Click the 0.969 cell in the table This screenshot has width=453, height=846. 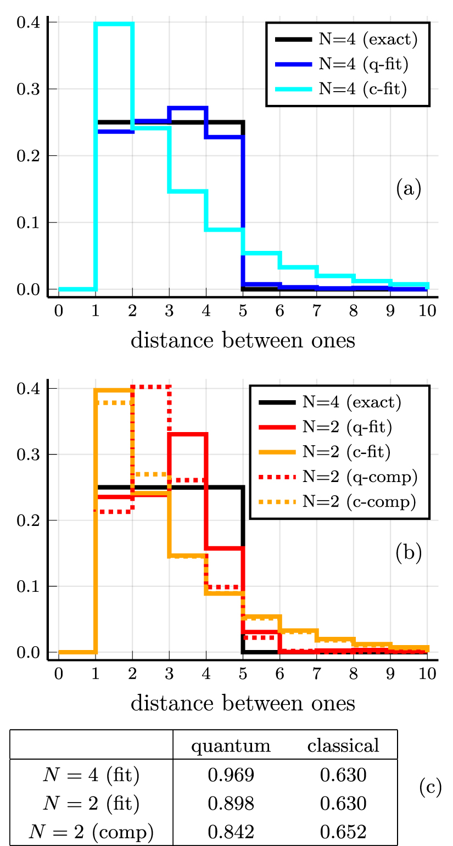[x=231, y=775]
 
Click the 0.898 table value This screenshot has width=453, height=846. [x=231, y=804]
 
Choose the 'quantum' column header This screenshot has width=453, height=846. [x=231, y=746]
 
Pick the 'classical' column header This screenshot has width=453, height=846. [x=343, y=746]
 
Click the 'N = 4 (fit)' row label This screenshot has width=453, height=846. [x=91, y=775]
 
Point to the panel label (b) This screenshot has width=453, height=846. [x=409, y=553]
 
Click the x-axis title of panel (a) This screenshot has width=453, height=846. [x=243, y=340]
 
